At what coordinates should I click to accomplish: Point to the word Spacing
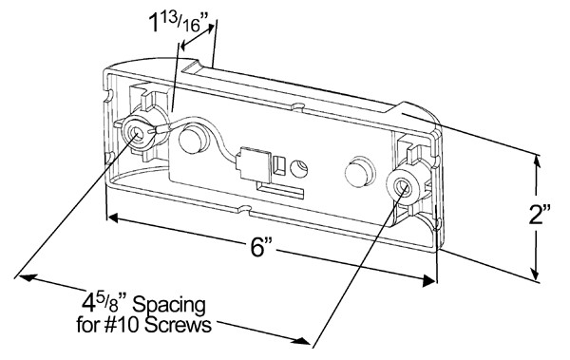point(169,306)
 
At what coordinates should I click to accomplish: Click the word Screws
point(178,325)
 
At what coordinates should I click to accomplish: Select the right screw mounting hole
point(403,186)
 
